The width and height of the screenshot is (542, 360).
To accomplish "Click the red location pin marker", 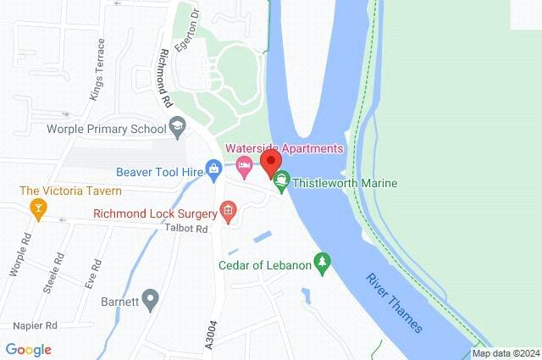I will click(271, 163).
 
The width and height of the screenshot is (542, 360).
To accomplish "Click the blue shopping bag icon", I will click(214, 172).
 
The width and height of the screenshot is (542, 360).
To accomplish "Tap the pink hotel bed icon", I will click(245, 168).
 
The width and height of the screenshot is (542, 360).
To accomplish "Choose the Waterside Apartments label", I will click(285, 148).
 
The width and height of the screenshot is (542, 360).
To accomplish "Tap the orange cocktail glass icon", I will click(37, 207).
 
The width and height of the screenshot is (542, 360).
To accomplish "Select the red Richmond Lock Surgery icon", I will click(228, 211).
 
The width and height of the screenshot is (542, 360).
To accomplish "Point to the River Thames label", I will click(399, 302).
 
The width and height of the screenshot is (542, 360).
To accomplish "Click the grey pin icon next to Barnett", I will click(151, 298).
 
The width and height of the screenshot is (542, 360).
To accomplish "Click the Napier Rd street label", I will click(35, 325).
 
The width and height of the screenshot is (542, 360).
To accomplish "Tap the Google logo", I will click(28, 349).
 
